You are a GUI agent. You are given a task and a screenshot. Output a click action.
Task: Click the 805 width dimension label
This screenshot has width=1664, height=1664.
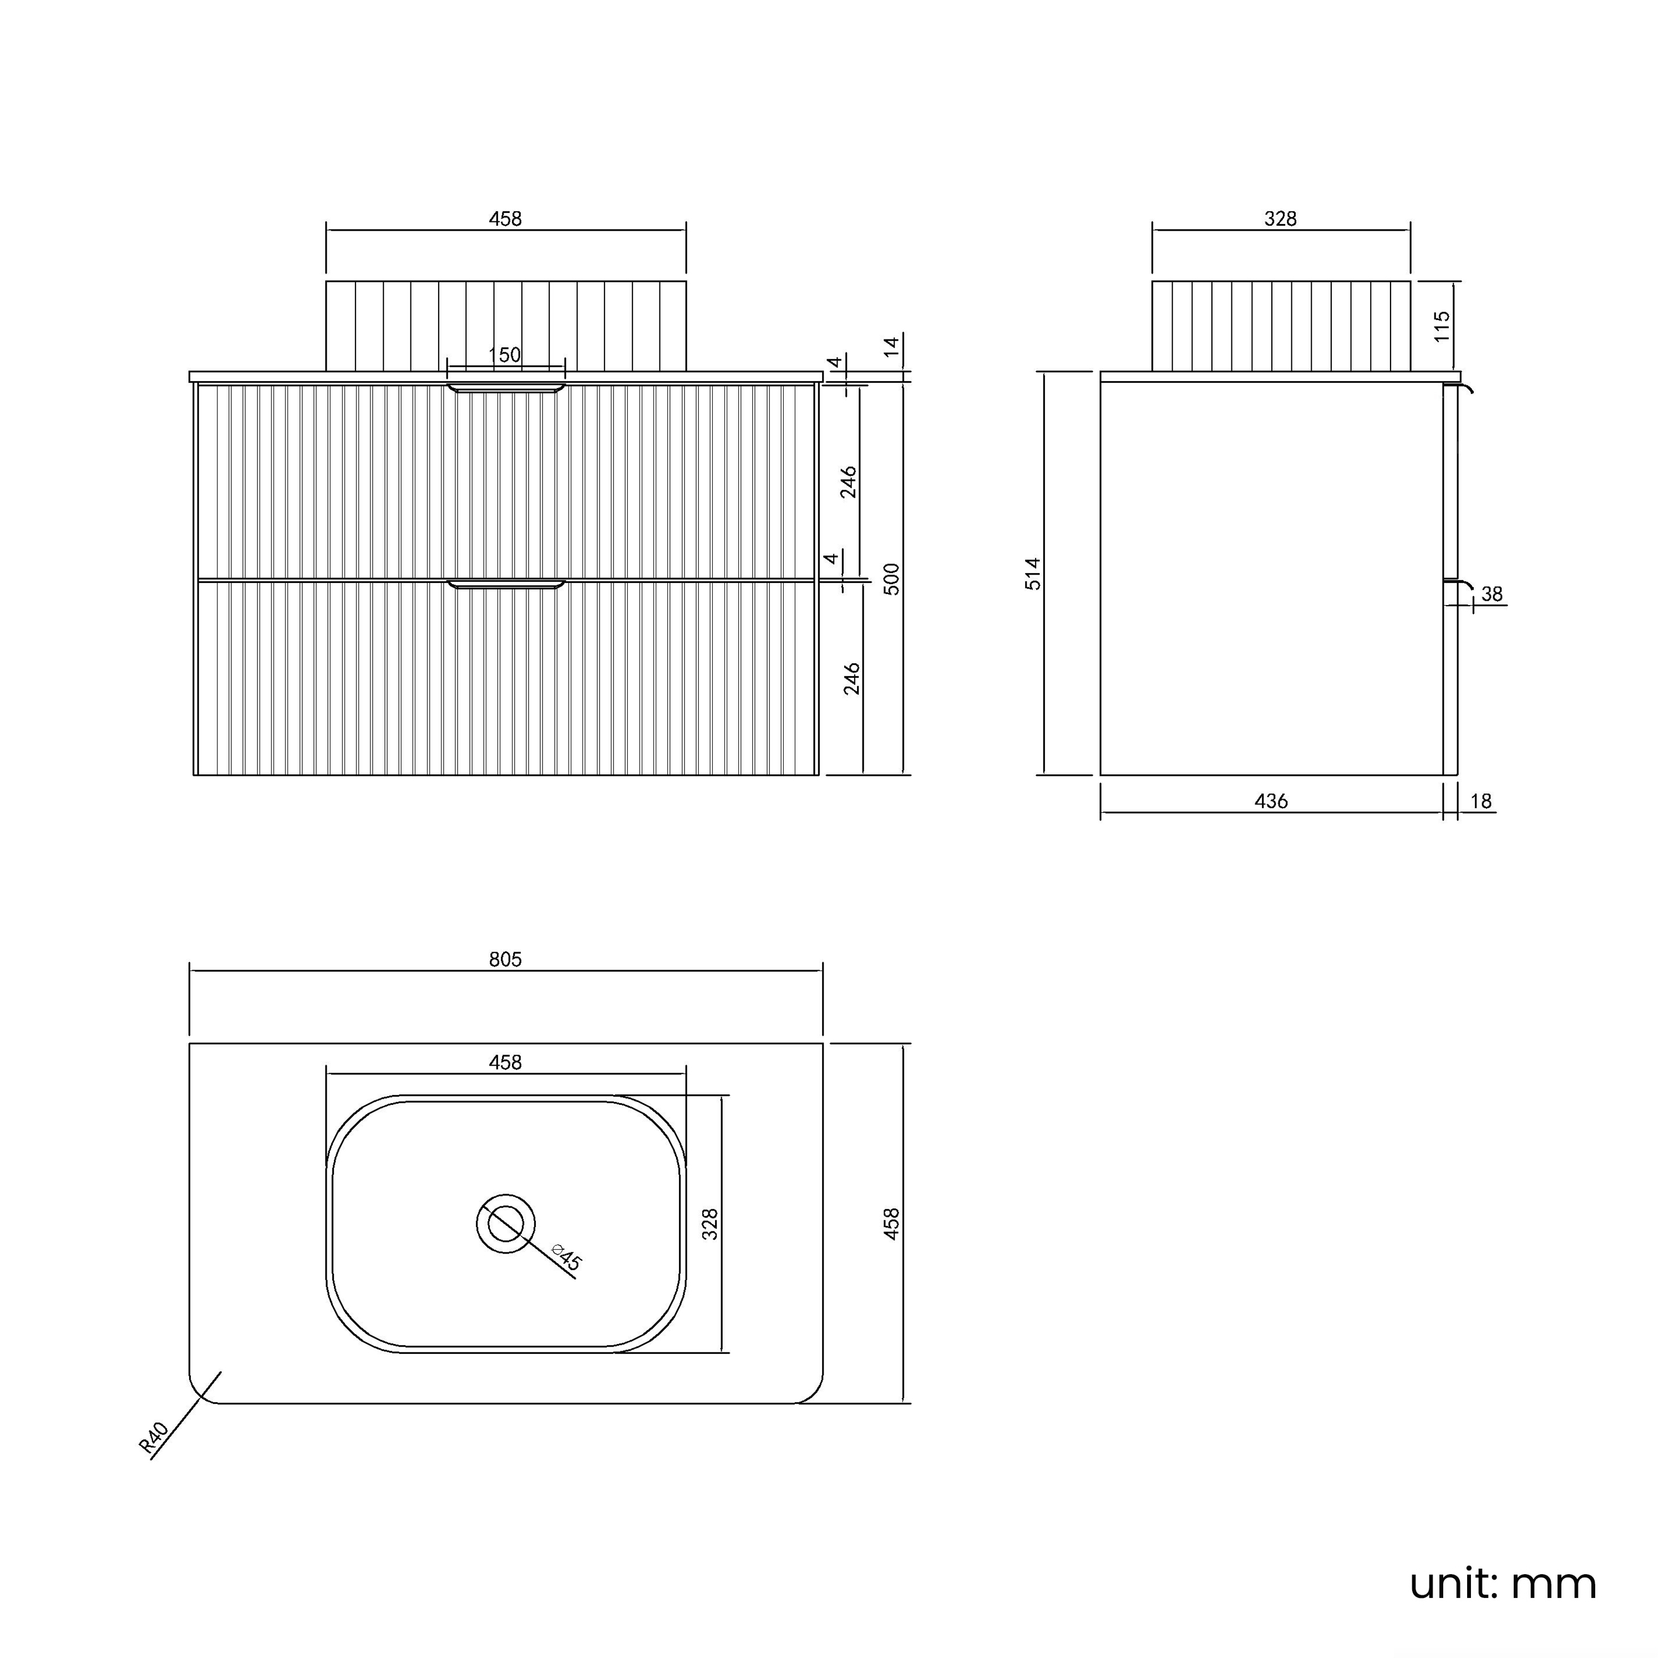click(x=505, y=960)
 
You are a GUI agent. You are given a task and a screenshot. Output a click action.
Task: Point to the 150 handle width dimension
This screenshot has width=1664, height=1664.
click(x=505, y=355)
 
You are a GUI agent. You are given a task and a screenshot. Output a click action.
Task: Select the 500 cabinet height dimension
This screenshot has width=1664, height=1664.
click(x=892, y=579)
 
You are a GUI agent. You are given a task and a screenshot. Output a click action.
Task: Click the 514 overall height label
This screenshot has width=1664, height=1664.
click(x=1033, y=574)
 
